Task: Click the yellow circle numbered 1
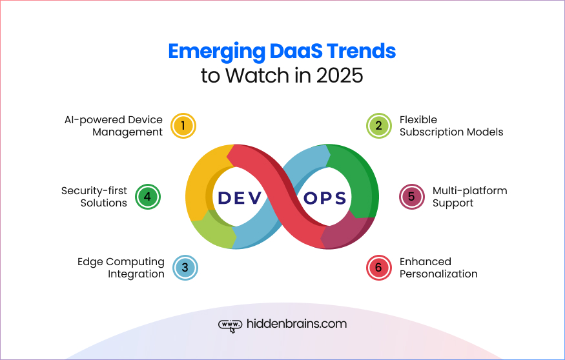(x=183, y=126)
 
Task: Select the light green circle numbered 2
(x=379, y=126)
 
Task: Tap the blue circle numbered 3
(x=185, y=268)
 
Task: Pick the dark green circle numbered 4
(x=147, y=197)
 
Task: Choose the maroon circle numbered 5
(x=412, y=197)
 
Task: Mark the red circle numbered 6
(x=379, y=268)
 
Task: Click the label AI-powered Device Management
(x=113, y=126)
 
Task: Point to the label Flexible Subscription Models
(x=451, y=126)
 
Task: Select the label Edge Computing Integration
(x=121, y=268)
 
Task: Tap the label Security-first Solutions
(x=94, y=197)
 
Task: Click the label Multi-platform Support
(x=469, y=197)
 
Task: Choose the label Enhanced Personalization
(x=438, y=268)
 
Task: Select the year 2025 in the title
(x=340, y=75)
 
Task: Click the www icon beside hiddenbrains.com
(x=231, y=325)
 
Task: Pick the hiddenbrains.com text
(x=296, y=324)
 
